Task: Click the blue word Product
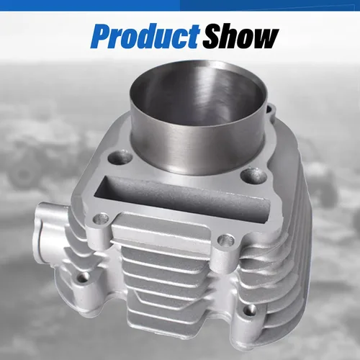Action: click(x=145, y=36)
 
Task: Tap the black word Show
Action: click(x=240, y=36)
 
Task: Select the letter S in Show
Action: click(x=213, y=37)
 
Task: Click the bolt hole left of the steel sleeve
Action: click(x=120, y=157)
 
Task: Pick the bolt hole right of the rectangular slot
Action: click(x=253, y=176)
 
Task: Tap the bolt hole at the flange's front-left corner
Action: click(x=101, y=219)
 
